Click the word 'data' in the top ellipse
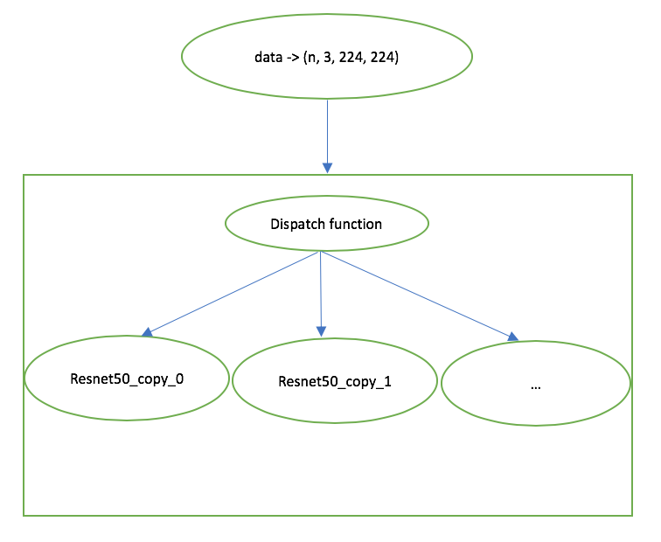pyautogui.click(x=268, y=57)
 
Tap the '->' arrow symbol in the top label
pyautogui.click(x=293, y=58)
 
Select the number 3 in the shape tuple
pyautogui.click(x=328, y=58)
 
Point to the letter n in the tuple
pyautogui.click(x=311, y=59)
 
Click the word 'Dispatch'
pyautogui.click(x=296, y=224)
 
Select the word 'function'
pyautogui.click(x=355, y=224)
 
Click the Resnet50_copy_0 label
pyautogui.click(x=127, y=379)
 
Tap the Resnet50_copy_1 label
pyautogui.click(x=335, y=382)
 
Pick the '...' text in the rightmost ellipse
pyautogui.click(x=536, y=387)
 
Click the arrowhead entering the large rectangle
pyautogui.click(x=327, y=168)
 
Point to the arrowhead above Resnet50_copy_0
pyautogui.click(x=147, y=332)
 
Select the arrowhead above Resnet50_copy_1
pyautogui.click(x=321, y=331)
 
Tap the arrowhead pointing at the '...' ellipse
pyautogui.click(x=512, y=337)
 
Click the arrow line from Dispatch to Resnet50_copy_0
pyautogui.click(x=233, y=292)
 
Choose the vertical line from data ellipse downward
pyautogui.click(x=327, y=131)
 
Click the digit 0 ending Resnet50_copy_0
pyautogui.click(x=179, y=379)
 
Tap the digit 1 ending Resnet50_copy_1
pyautogui.click(x=387, y=381)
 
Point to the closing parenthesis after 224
pyautogui.click(x=396, y=58)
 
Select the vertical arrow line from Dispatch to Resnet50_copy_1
pyautogui.click(x=321, y=289)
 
